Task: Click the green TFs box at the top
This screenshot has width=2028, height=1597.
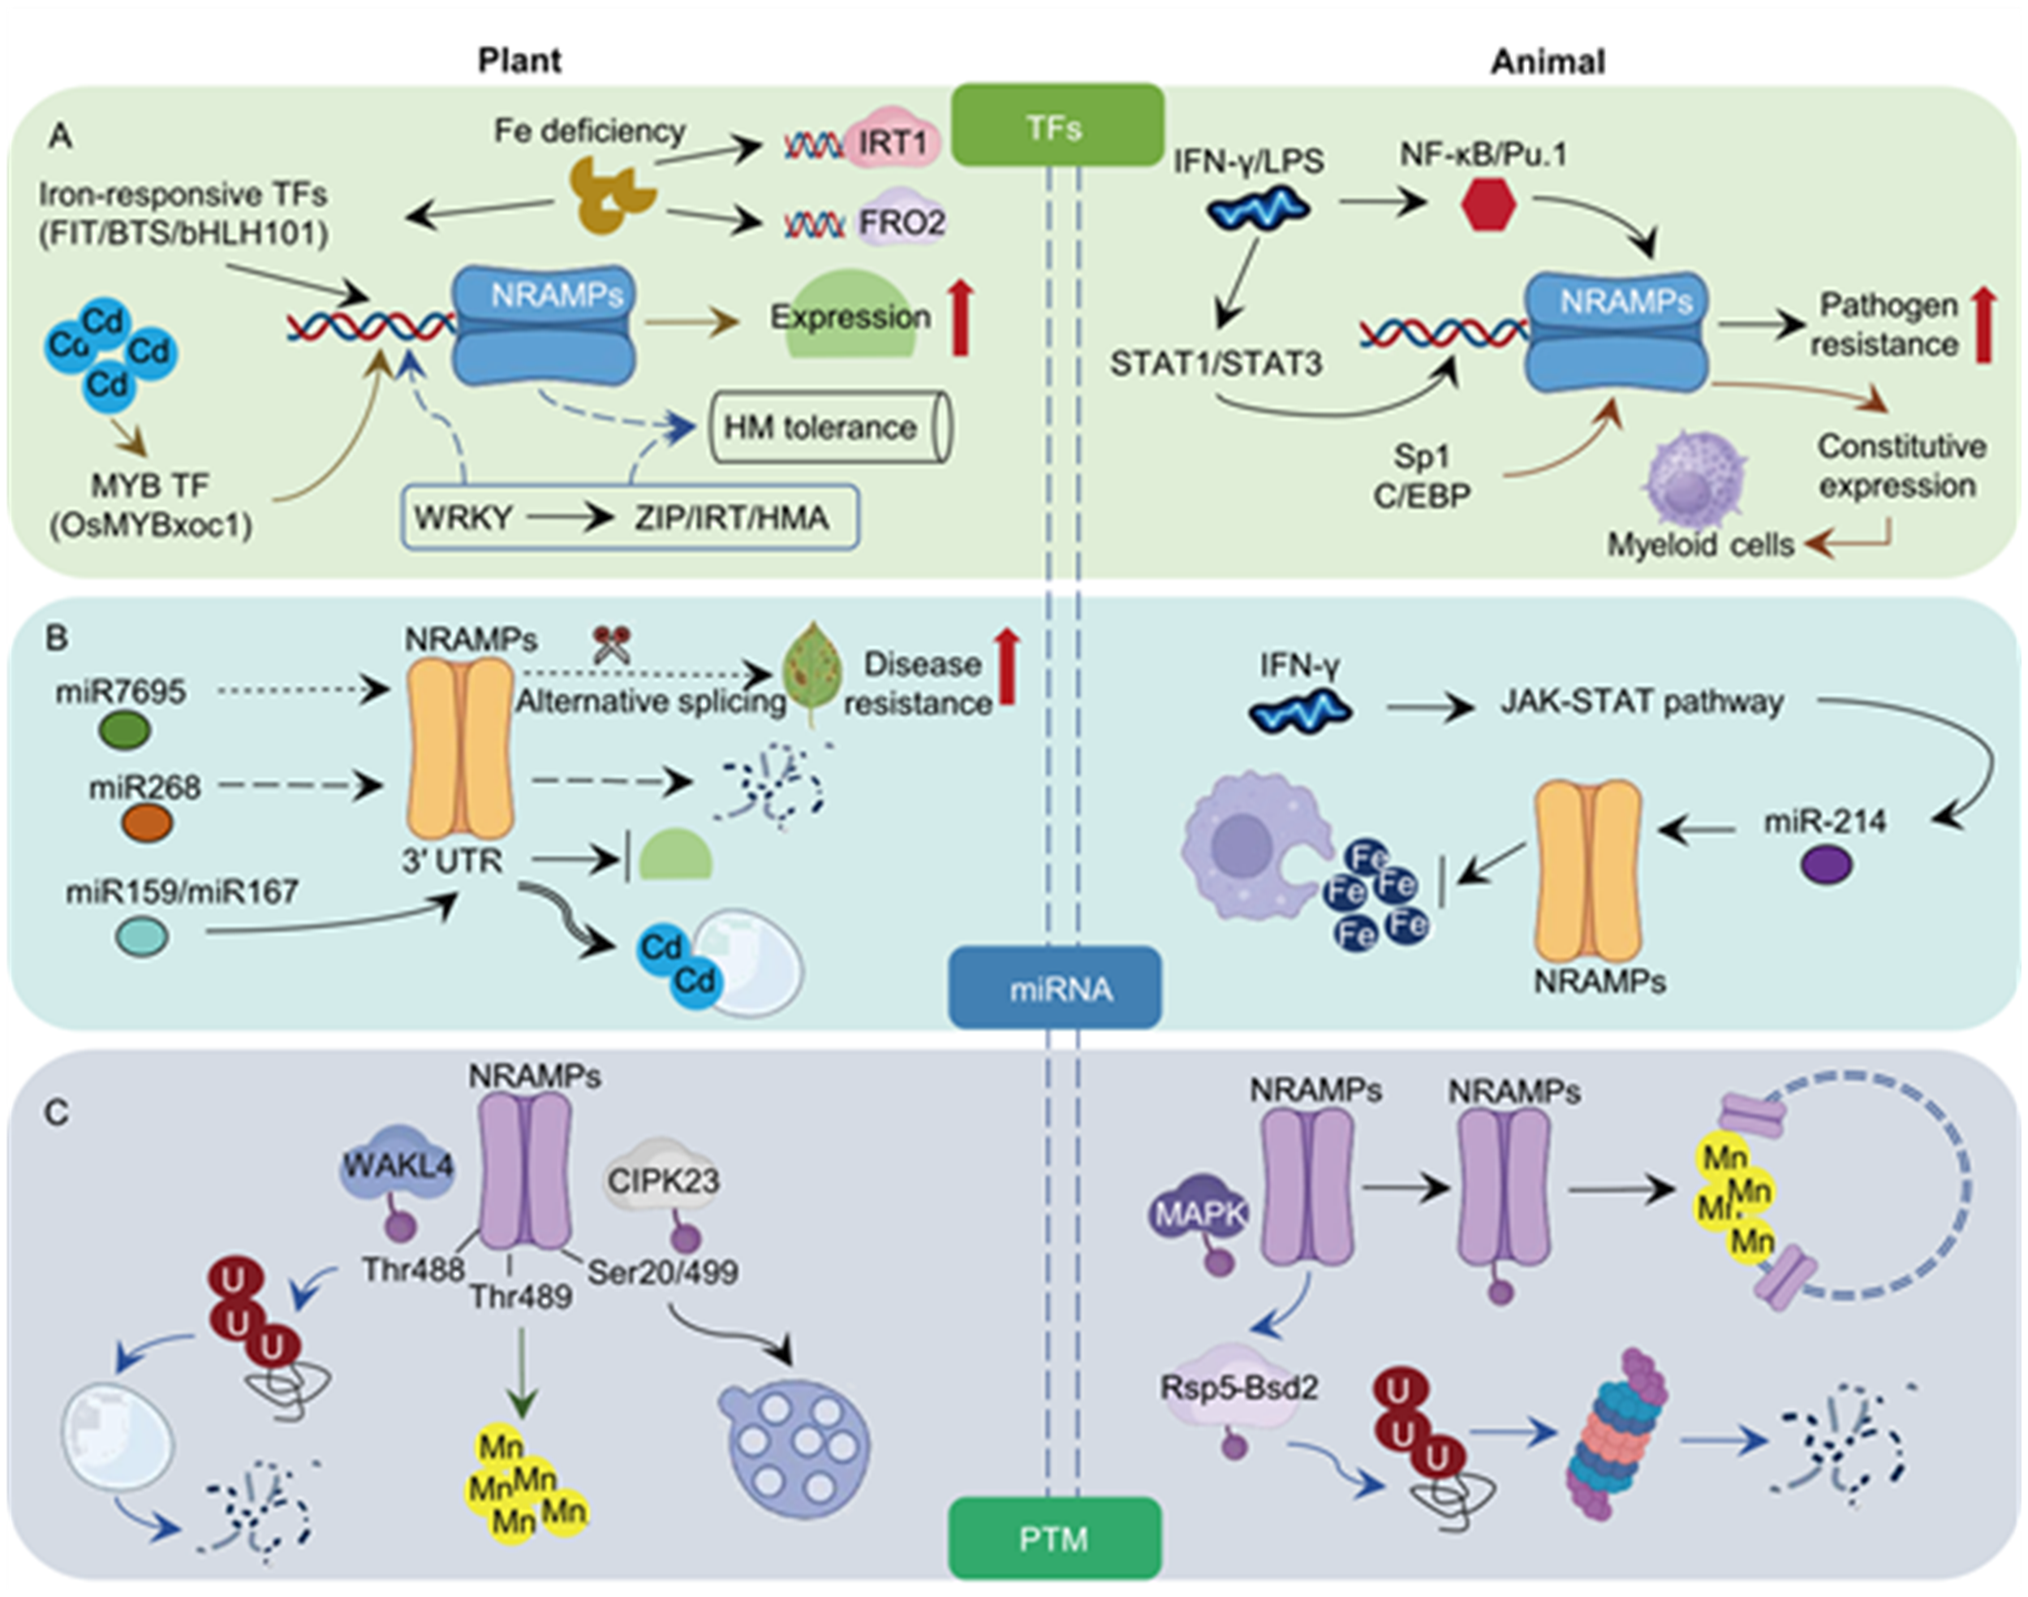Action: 1057,125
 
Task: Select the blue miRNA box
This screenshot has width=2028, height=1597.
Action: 1055,987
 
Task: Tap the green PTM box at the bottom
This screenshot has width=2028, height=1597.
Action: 1054,1538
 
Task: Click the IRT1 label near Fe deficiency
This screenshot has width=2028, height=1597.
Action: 893,143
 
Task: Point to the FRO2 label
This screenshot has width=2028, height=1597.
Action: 901,222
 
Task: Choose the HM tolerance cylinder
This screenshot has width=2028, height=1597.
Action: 830,427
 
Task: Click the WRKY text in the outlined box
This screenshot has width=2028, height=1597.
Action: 463,517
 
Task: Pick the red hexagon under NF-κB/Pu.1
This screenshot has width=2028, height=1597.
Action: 1487,205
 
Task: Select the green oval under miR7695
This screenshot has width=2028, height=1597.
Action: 124,729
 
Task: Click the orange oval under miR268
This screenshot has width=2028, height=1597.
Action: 147,824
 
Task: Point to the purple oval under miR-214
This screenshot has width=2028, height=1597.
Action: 1826,864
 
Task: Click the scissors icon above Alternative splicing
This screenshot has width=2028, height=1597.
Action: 612,644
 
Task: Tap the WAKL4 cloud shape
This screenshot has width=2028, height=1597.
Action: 398,1167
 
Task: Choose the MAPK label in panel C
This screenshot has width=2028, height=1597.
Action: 1200,1214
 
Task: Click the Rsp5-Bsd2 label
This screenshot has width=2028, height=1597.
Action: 1238,1388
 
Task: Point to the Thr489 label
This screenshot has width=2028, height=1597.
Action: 520,1297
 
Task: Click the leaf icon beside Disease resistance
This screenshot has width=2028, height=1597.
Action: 812,671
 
